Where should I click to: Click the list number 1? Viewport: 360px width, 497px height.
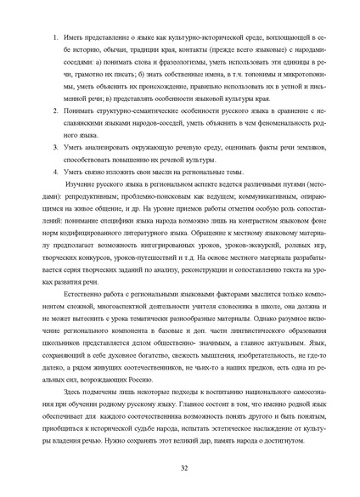pyautogui.click(x=55, y=39)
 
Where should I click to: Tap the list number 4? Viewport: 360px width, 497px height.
pyautogui.click(x=55, y=172)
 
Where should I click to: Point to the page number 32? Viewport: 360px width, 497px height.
pyautogui.click(x=184, y=468)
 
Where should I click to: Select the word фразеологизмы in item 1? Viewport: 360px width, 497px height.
pyautogui.click(x=166, y=63)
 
